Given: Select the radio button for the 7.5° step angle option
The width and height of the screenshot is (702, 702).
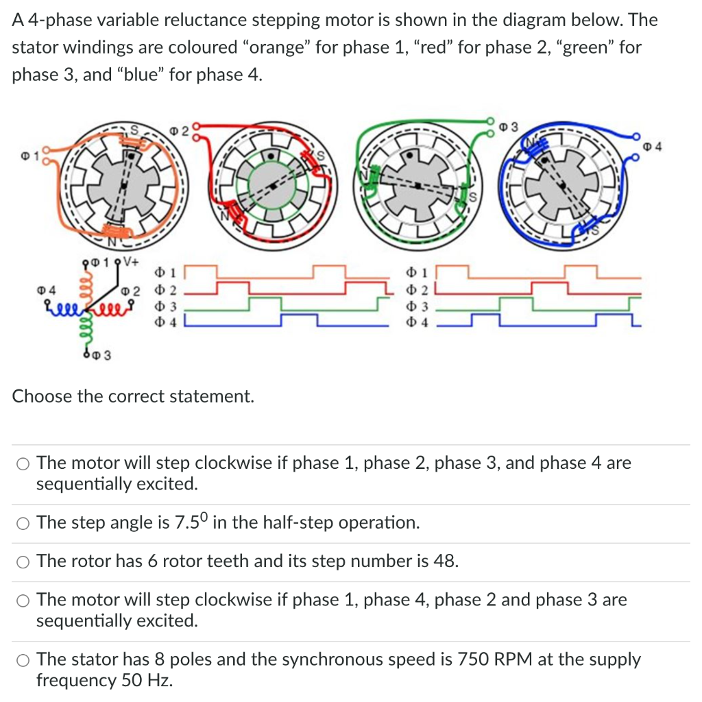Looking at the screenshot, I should click(x=23, y=523).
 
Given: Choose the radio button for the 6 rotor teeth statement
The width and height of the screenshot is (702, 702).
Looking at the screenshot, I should click(x=23, y=561).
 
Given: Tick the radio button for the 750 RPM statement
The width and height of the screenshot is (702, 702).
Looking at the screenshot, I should click(x=23, y=660).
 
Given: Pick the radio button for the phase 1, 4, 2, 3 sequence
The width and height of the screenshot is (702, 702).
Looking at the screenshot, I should click(x=23, y=601).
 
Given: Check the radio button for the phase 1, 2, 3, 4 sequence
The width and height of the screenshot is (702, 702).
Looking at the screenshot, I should click(x=23, y=463).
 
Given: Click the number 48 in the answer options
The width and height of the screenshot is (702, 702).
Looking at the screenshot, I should click(x=444, y=561).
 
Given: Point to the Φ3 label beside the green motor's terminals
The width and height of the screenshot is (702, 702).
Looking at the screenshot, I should click(x=509, y=126).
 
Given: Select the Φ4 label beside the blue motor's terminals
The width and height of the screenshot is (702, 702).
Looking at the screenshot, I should click(x=654, y=145).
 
